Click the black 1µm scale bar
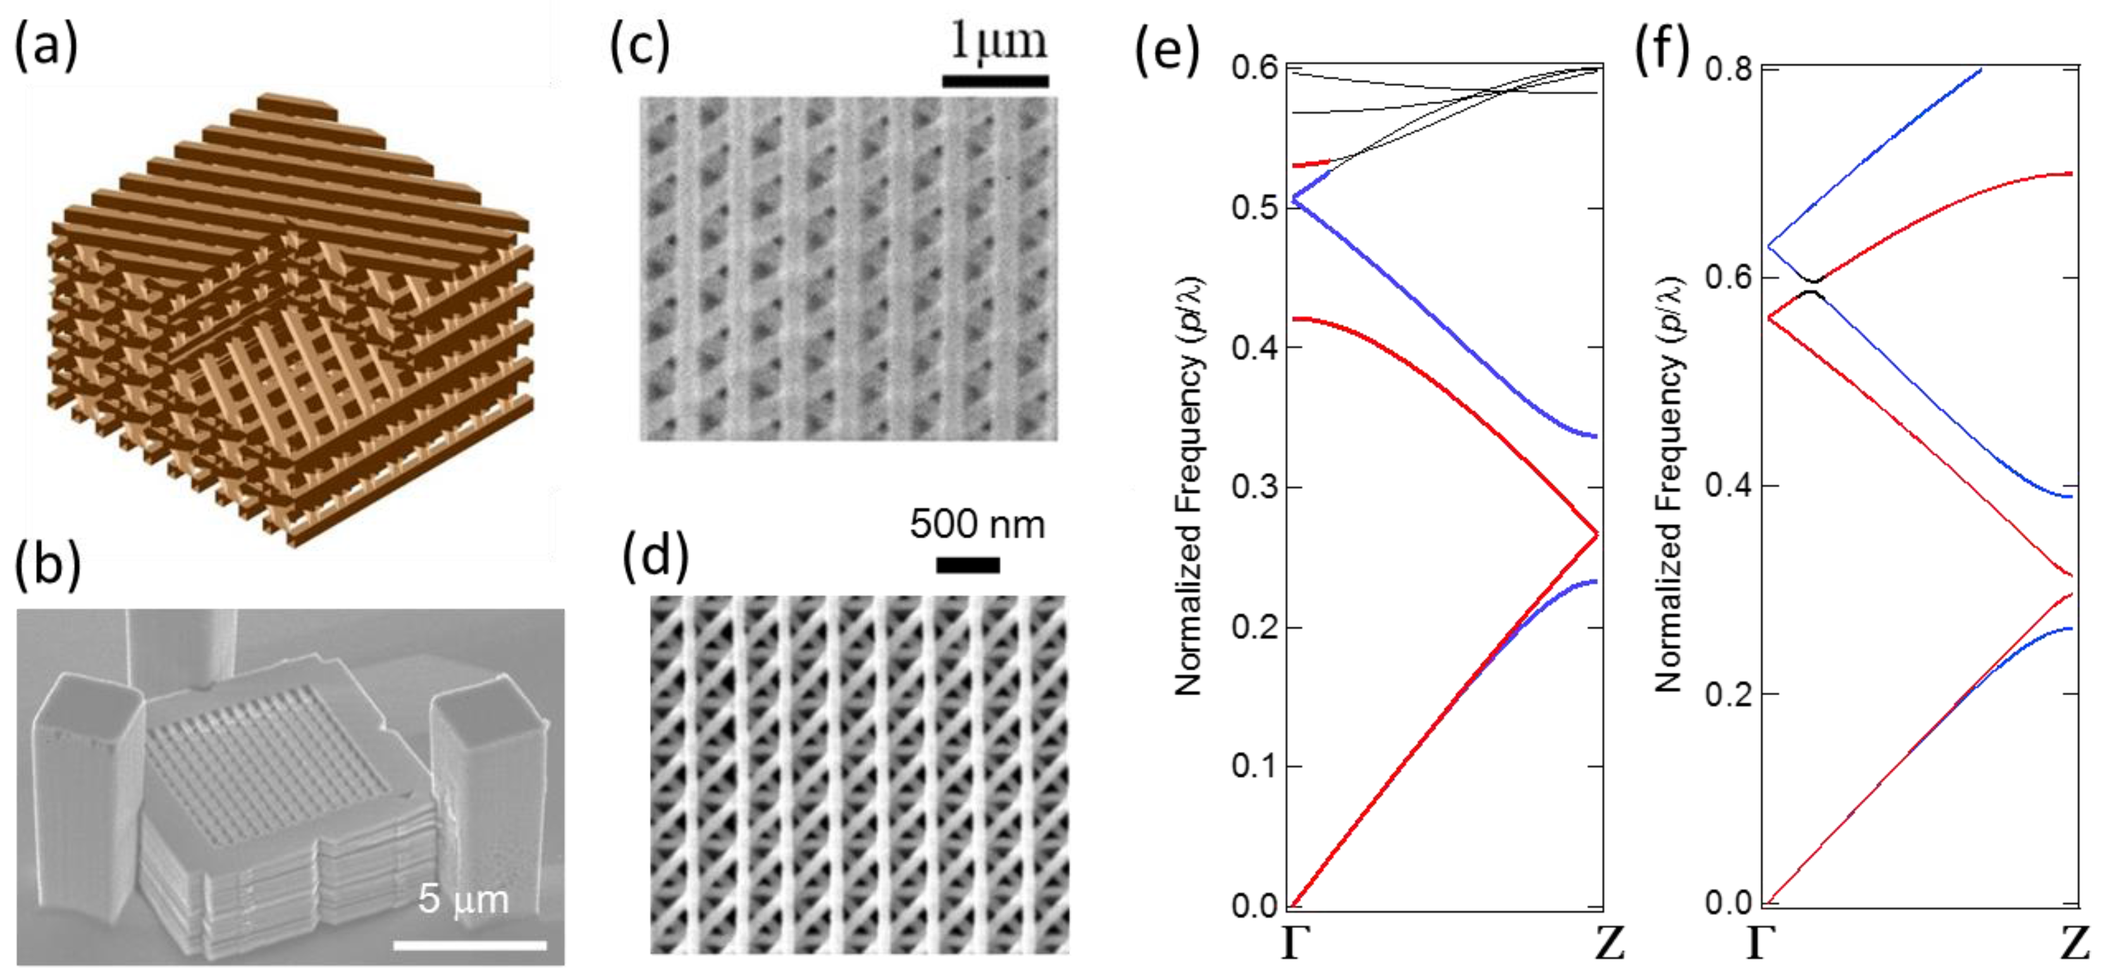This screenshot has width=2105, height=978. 996,81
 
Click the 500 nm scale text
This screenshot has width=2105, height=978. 977,524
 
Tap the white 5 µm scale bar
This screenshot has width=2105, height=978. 470,945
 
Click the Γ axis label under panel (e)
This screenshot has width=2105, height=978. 1290,944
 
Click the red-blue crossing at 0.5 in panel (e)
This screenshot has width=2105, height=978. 1294,199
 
